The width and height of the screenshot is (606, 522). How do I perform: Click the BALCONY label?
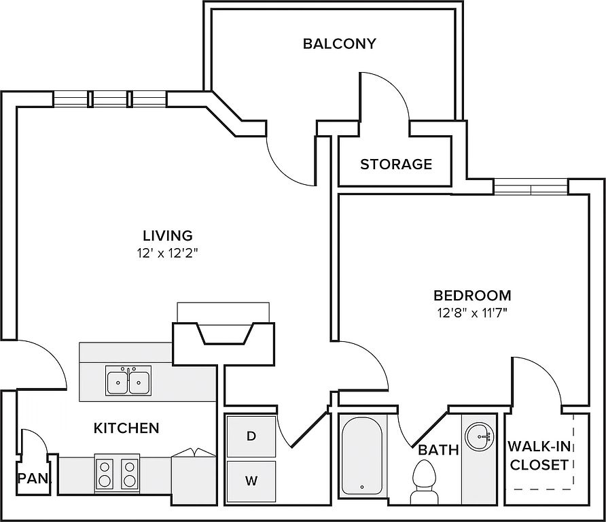339,43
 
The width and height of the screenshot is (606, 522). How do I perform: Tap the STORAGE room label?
396,164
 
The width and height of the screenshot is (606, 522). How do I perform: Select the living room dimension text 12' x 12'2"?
167,254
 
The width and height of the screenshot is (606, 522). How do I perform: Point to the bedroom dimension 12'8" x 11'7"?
472,313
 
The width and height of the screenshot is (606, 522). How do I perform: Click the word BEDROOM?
472,296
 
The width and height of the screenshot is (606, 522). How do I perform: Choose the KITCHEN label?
126,428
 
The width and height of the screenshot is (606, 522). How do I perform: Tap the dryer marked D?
251,436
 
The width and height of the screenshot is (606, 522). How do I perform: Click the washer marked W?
251,481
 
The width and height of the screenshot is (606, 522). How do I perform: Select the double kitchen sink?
128,380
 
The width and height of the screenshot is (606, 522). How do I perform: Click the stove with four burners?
117,474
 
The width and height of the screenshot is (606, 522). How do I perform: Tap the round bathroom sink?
479,437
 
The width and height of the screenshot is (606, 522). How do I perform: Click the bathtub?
361,455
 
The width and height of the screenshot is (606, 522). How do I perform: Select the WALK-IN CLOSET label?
539,455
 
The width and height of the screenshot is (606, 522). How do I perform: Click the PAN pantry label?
34,478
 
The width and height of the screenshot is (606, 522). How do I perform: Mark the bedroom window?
531,187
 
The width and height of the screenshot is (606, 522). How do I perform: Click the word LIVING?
168,235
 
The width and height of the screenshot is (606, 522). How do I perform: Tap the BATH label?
438,450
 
